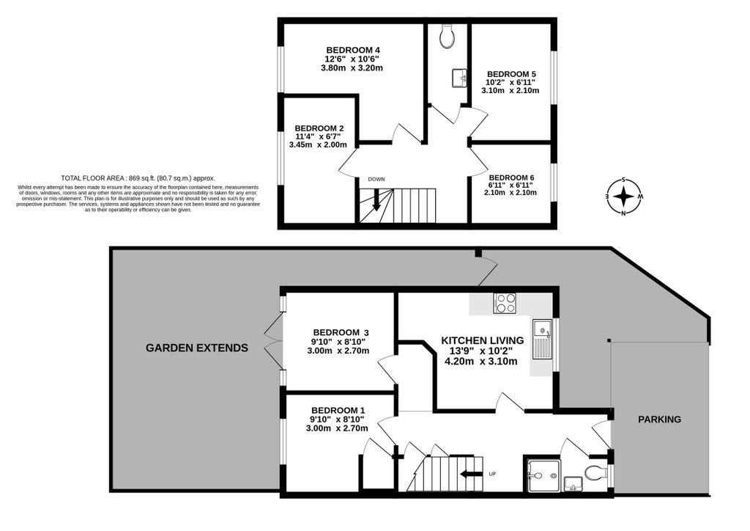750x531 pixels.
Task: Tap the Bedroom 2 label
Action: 319,128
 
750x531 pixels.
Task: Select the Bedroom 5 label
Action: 511,74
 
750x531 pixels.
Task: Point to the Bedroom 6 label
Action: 511,177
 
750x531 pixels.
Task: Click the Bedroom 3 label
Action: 341,332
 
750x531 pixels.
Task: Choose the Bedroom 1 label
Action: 338,410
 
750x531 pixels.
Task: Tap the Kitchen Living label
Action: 482,340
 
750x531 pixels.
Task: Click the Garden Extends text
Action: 196,348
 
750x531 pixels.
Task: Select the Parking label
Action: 660,420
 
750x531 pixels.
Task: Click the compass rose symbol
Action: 624,197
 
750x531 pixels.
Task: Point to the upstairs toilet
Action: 448,36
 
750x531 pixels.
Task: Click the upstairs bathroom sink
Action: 460,78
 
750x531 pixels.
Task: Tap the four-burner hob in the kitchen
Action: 505,303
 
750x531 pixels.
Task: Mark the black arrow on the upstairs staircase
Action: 376,199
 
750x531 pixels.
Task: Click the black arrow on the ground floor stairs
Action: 471,474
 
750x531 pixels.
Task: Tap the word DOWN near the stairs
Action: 376,179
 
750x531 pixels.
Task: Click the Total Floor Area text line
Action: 138,177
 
